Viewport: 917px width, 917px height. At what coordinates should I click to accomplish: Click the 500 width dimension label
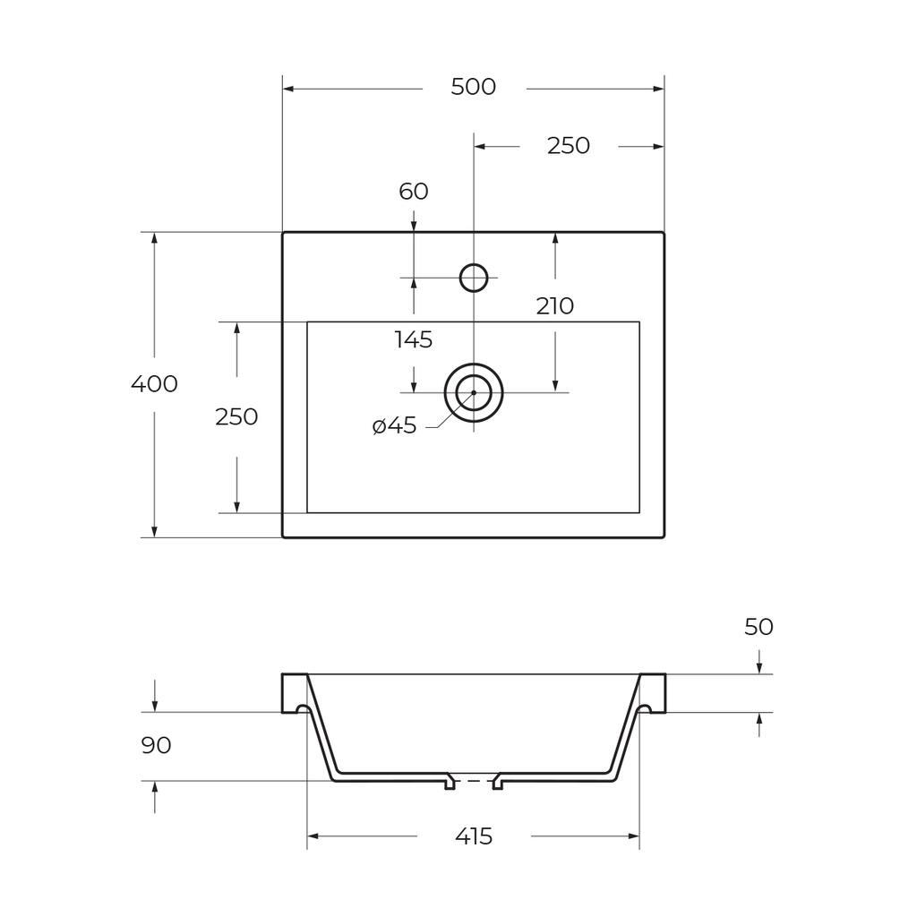point(473,87)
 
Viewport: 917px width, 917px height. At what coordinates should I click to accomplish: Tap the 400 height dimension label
point(154,384)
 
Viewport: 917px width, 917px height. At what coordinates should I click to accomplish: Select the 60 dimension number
point(414,192)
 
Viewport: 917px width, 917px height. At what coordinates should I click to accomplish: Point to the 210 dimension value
point(554,306)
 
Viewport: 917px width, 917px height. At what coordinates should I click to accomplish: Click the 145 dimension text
point(414,339)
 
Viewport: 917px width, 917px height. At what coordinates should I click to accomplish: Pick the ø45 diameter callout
point(394,425)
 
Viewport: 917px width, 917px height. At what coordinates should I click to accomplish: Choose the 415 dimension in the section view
point(474,836)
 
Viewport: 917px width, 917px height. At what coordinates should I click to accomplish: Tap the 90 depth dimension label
point(156,746)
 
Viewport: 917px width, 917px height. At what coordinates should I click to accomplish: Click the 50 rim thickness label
point(758,627)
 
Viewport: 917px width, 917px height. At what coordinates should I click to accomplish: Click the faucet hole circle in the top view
point(474,264)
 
